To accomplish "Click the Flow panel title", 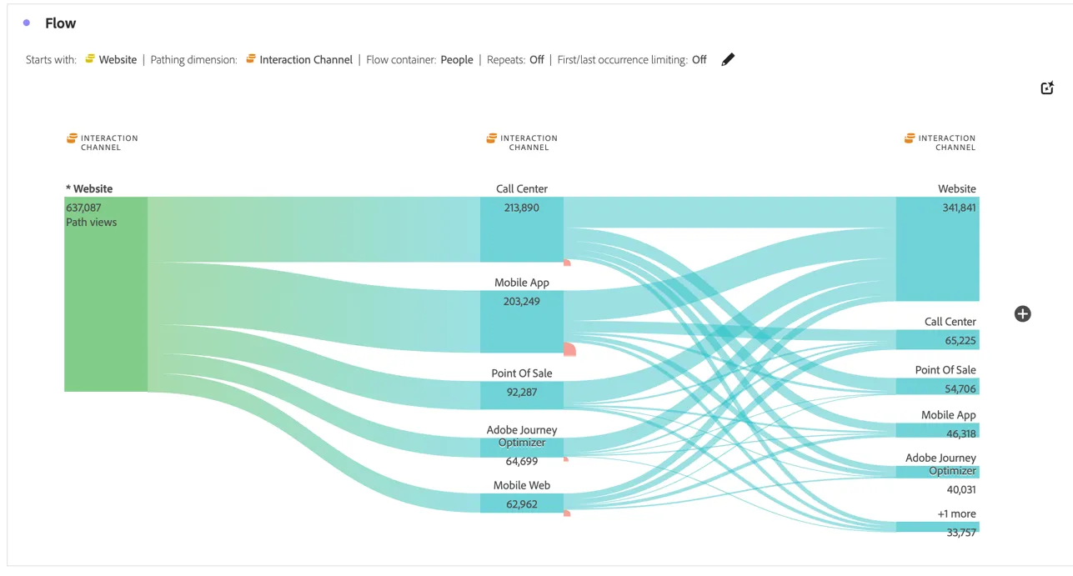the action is click(60, 23).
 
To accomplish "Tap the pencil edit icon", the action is click(728, 59).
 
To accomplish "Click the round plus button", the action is click(1023, 314).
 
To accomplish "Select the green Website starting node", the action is click(106, 294).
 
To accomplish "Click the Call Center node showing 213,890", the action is click(522, 229).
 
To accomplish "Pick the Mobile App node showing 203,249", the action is click(522, 321).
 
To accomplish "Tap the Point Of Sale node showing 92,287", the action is click(522, 395).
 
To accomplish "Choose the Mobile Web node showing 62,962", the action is click(522, 503).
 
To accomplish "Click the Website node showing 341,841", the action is click(937, 249).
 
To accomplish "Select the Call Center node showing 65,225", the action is click(937, 339).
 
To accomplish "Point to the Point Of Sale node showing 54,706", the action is click(937, 387).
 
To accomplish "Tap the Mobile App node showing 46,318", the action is click(937, 430).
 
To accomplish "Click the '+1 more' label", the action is click(956, 513).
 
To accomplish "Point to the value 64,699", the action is click(522, 462).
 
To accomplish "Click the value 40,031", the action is click(961, 490).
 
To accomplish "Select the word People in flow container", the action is click(457, 60).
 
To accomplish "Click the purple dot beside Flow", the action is click(27, 23).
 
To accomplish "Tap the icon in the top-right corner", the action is click(1047, 88).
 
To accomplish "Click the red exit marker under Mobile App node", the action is click(569, 349).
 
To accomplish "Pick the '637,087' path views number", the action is click(83, 208).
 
